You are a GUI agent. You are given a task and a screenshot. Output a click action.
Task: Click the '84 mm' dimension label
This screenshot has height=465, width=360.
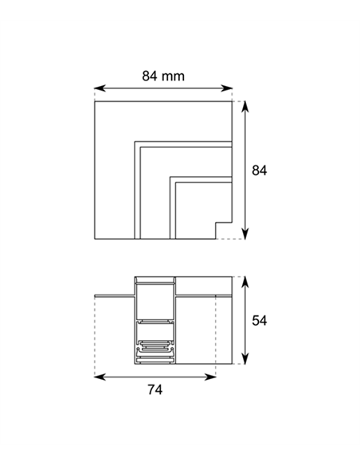[x=163, y=76]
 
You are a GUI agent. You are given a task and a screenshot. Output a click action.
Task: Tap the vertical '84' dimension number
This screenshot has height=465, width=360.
[x=259, y=170]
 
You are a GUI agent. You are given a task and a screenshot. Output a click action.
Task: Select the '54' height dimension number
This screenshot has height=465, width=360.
[x=259, y=321]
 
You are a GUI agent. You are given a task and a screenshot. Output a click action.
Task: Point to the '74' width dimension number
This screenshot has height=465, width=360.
[x=155, y=389]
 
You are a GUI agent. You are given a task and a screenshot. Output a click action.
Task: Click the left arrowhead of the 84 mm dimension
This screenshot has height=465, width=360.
[x=100, y=88]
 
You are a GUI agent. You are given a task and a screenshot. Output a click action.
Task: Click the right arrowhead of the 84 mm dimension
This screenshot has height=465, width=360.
[x=226, y=88]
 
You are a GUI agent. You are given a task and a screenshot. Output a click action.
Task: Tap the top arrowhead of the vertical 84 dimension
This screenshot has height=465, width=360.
[x=245, y=107]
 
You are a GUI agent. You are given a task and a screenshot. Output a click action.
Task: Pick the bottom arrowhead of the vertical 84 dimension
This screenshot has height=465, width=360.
[x=245, y=233]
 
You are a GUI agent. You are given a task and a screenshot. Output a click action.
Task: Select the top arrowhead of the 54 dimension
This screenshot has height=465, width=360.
[x=245, y=282]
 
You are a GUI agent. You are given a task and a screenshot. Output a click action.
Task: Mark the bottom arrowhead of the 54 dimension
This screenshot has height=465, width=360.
[x=245, y=358]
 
